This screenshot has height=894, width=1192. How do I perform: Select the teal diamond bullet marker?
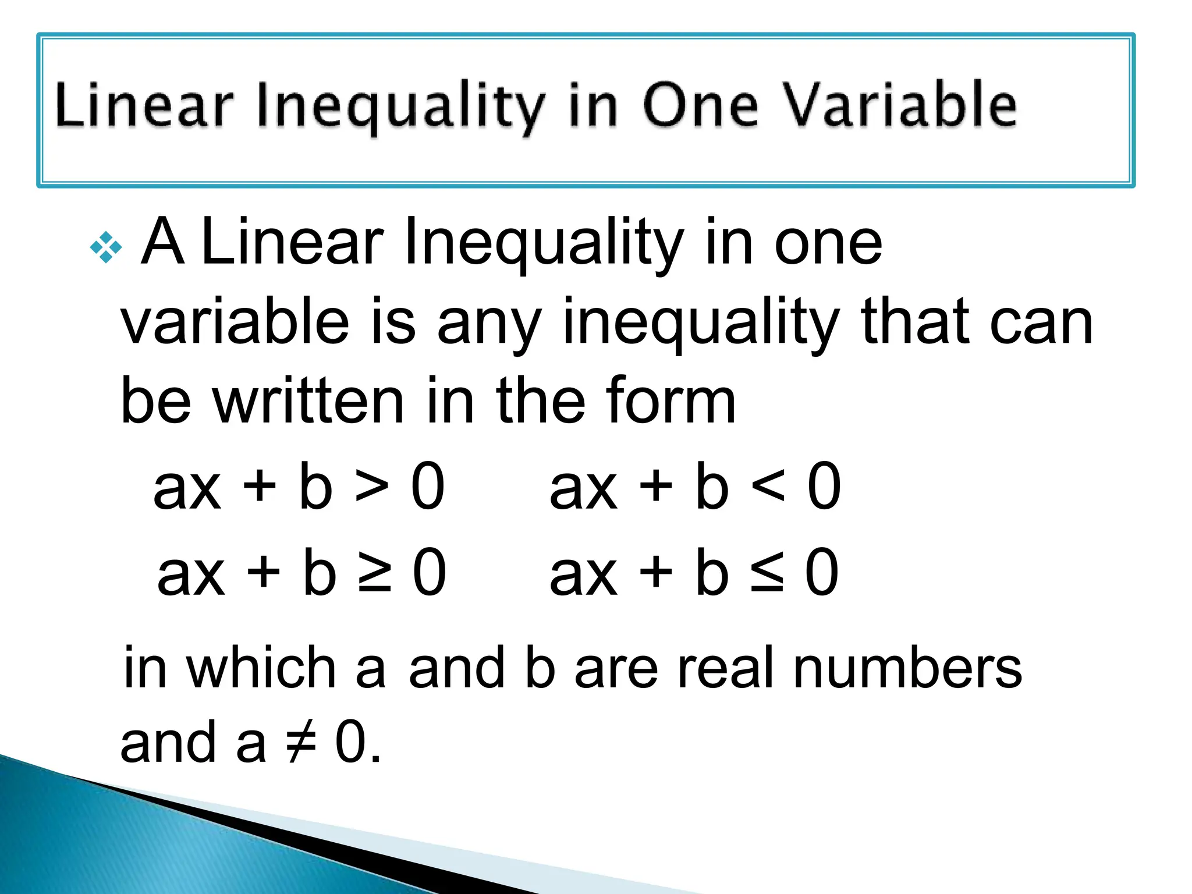(107, 247)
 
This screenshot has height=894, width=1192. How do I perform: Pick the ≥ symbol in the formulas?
(374, 573)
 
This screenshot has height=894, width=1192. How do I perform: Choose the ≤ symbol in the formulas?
(767, 573)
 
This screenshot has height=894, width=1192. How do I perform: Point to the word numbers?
(907, 668)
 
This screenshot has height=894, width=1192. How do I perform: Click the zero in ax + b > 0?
(428, 486)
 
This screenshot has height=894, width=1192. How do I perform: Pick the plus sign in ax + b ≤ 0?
(655, 573)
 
